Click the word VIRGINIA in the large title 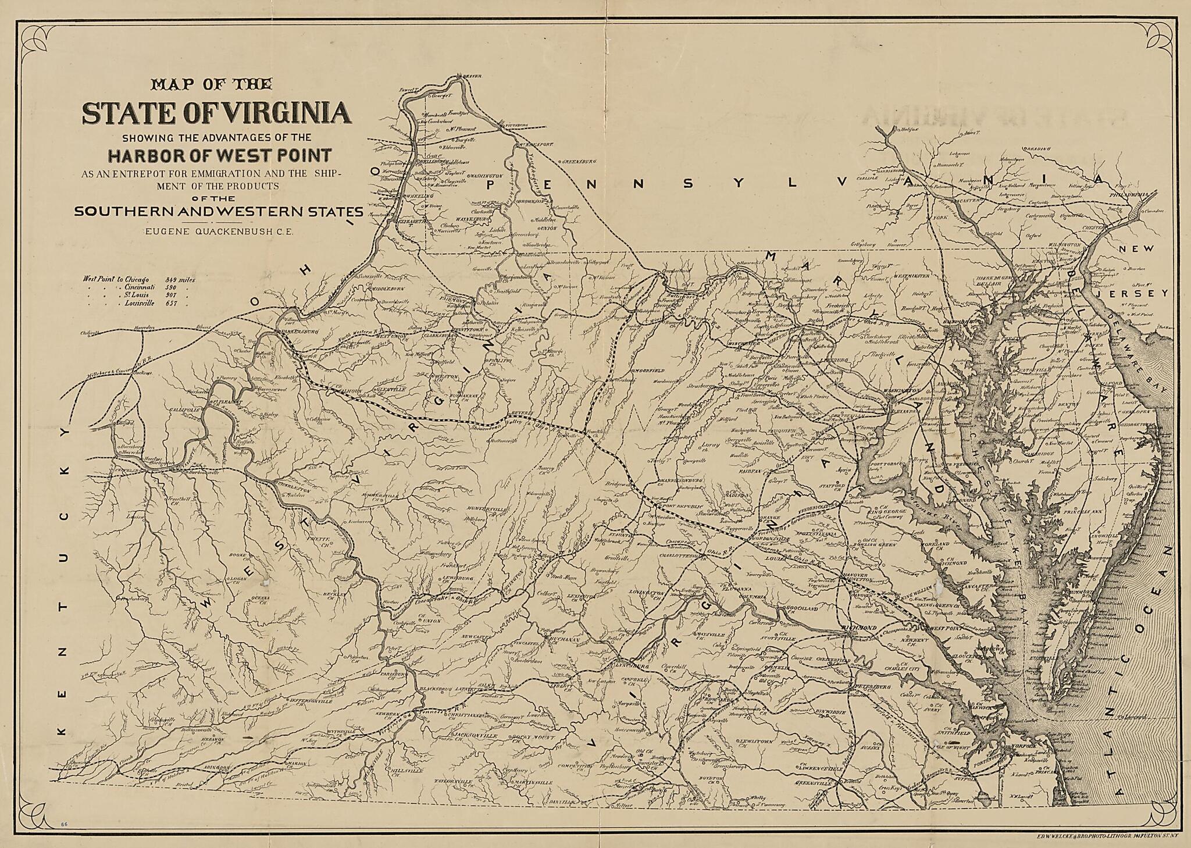click(278, 113)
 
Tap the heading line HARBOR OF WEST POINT click(219, 155)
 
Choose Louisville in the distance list click(139, 304)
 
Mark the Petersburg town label click(873, 687)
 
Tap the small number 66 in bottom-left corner click(63, 824)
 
